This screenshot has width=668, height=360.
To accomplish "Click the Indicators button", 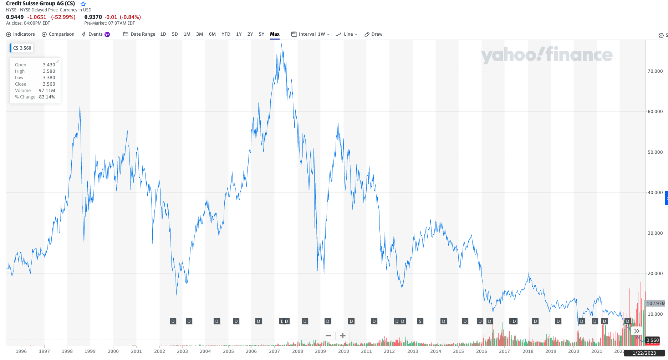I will click(x=21, y=34).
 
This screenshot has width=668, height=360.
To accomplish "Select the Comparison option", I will click(x=58, y=34).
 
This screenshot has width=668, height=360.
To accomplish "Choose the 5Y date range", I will click(x=261, y=34).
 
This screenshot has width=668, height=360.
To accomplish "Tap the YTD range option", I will click(x=226, y=34).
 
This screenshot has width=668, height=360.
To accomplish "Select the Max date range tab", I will click(x=275, y=34).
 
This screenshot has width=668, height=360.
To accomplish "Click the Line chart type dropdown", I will click(x=347, y=34).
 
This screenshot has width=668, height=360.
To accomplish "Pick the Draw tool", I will click(x=373, y=34).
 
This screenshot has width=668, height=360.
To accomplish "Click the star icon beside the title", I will click(x=83, y=4).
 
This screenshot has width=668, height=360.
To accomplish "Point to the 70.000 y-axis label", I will click(x=655, y=71).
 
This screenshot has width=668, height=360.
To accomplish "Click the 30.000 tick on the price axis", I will click(x=655, y=233).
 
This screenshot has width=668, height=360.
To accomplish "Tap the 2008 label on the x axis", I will click(x=297, y=351).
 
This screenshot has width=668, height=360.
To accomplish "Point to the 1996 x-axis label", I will click(x=21, y=351).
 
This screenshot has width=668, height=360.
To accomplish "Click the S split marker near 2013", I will click(x=420, y=321).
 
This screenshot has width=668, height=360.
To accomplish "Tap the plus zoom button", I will click(x=343, y=336).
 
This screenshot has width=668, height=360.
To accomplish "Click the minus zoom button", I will click(x=328, y=336).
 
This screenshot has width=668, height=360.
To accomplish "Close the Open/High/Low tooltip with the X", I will click(x=57, y=62).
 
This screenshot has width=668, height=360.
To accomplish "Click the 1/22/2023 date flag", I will click(x=644, y=353).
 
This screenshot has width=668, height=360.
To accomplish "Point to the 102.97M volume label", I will click(x=656, y=304).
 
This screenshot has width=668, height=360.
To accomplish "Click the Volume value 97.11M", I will click(x=47, y=91).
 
